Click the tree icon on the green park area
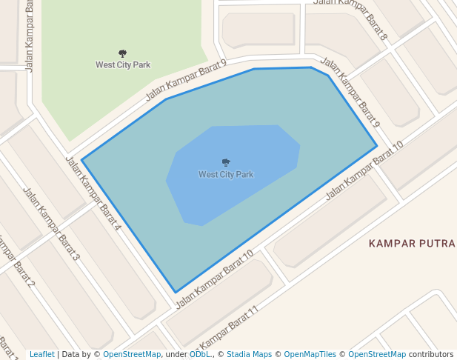click(122, 53)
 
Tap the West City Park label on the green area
click(123, 65)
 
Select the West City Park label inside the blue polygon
click(226, 175)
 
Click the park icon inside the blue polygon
click(226, 162)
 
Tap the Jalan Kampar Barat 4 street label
click(93, 193)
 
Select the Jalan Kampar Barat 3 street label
click(51, 224)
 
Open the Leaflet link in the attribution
click(42, 355)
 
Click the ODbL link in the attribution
click(200, 355)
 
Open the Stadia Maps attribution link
click(249, 355)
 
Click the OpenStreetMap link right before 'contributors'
click(377, 355)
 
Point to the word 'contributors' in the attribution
click(430, 355)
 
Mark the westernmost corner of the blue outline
click(82, 159)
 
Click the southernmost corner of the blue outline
click(176, 292)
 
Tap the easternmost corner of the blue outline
click(377, 146)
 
